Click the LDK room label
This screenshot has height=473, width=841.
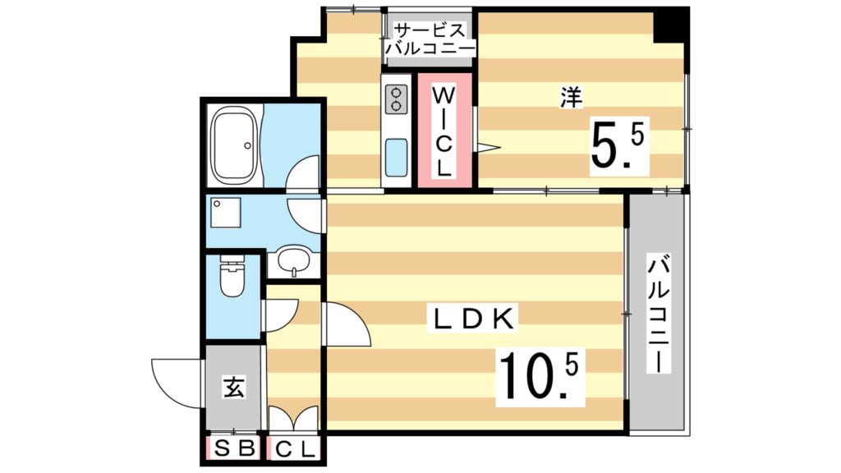click(474, 319)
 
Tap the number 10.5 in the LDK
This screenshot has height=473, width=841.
click(538, 375)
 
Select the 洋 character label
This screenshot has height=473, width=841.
click(571, 98)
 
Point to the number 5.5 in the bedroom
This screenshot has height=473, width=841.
click(618, 145)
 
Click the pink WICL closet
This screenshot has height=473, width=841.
click(443, 131)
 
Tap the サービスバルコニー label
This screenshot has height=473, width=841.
click(430, 39)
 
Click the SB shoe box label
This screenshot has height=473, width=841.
click(232, 449)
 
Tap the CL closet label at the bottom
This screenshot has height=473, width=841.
click(292, 449)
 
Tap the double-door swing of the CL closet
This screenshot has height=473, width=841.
click(293, 418)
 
